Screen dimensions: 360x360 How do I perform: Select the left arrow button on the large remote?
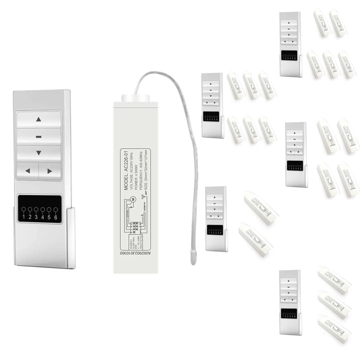pyautogui.click(x=27, y=171)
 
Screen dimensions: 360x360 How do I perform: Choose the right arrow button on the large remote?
pyautogui.click(x=49, y=171)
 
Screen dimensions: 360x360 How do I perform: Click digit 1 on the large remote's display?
pyautogui.click(x=23, y=218)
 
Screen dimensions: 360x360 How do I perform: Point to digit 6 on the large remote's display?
pyautogui.click(x=56, y=218)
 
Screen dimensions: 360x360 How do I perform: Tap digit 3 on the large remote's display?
pyautogui.click(x=36, y=218)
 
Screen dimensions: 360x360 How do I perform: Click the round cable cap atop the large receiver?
pyautogui.click(x=134, y=96)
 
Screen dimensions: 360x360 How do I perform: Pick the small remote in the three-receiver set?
pyautogui.click(x=289, y=302)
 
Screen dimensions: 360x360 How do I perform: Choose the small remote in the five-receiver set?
pyautogui.click(x=290, y=44)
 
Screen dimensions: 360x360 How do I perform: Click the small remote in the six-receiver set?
pyautogui.click(x=211, y=105)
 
